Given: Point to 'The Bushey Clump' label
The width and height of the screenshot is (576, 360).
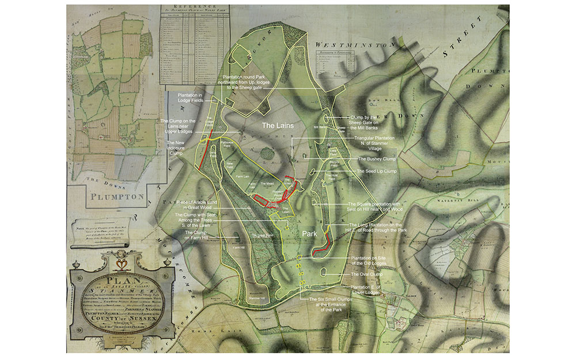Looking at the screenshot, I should pos(377,158).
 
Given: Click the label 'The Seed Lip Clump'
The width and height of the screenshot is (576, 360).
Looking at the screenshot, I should pos(378,172).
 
